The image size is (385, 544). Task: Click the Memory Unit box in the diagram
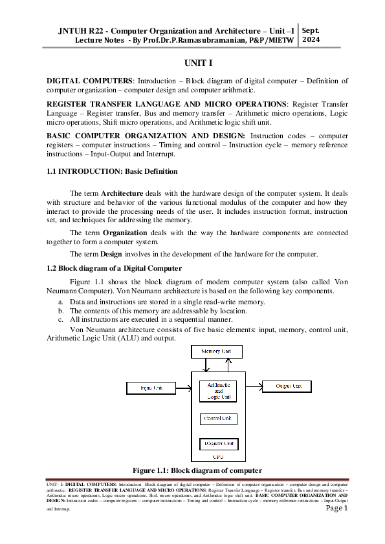point(217,352)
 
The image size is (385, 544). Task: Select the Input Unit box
point(149,388)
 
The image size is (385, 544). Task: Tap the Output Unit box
point(288,386)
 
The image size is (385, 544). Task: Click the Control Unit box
point(218,419)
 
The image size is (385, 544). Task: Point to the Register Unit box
point(218,445)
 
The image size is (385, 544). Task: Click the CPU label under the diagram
point(218,457)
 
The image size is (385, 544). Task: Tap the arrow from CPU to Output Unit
point(254,386)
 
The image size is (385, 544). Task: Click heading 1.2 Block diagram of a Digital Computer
point(114,268)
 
